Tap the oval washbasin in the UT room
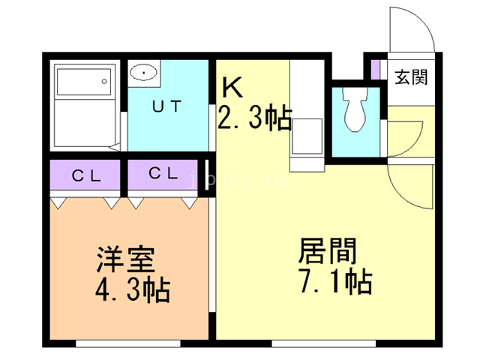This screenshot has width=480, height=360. coord(143,73)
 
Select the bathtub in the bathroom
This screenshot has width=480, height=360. coord(84,82)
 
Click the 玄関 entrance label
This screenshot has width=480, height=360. coord(410,76)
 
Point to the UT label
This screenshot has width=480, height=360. coord(166,106)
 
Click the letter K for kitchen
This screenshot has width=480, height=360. coord(232,87)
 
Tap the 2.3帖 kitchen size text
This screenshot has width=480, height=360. coord(254,118)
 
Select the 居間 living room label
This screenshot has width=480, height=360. coord(328,251)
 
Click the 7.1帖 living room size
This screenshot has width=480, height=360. coord(336,281)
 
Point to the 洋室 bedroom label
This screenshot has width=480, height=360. coord(125,259)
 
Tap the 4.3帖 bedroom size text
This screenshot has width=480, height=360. coord(133,289)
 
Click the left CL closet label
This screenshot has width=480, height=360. coord(86,175)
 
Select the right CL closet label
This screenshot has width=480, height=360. coord(163,173)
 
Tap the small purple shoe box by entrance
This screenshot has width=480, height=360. coord(375,70)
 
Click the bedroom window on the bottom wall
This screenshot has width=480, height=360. coord(128,343)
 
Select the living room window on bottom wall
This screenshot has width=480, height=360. coord(323,343)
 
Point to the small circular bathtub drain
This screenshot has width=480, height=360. coord(104,82)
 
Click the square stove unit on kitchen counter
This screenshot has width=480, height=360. coord(307,136)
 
